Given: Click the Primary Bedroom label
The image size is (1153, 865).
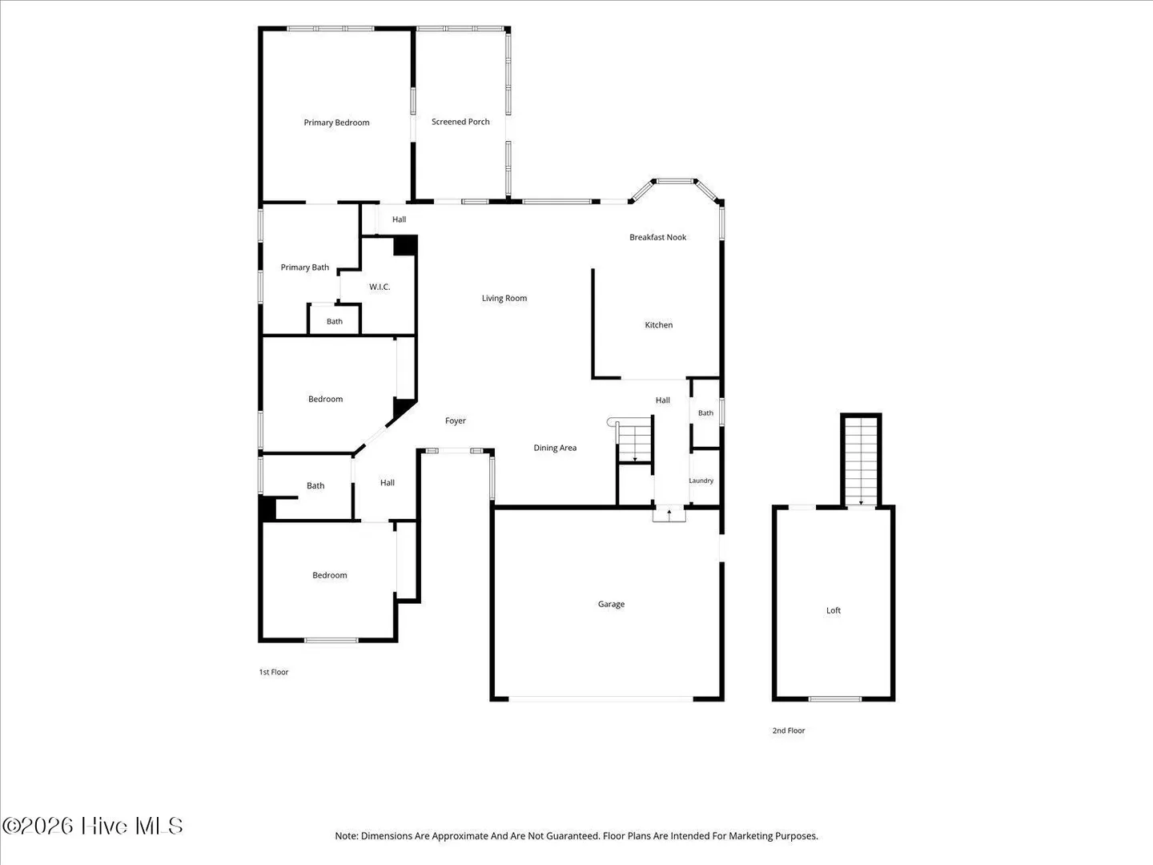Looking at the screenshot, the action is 336,123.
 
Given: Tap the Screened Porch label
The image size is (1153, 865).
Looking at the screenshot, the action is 460,121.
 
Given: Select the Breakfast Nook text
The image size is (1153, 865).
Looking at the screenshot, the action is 657,237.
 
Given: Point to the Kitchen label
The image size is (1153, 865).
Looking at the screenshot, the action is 659,324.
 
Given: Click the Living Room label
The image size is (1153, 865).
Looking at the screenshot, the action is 504,298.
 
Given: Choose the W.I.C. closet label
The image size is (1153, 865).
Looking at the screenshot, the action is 380,287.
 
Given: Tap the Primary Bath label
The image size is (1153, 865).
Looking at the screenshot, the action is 305,268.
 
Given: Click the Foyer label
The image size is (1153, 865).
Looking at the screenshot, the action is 456,420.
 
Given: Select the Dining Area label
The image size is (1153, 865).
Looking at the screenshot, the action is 555,448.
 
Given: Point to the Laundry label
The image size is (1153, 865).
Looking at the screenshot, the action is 701,481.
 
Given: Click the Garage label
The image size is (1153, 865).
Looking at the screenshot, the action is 611,604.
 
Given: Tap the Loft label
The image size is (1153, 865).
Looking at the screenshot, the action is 833,610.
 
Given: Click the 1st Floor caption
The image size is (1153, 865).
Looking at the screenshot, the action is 274,672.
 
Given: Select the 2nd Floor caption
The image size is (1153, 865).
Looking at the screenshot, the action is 789,730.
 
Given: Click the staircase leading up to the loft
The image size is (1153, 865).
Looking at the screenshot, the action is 861,461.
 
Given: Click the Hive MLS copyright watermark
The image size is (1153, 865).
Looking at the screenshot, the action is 92,826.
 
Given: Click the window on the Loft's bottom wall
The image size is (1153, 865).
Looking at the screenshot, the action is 834,699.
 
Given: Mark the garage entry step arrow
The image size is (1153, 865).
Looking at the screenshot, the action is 669,514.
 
